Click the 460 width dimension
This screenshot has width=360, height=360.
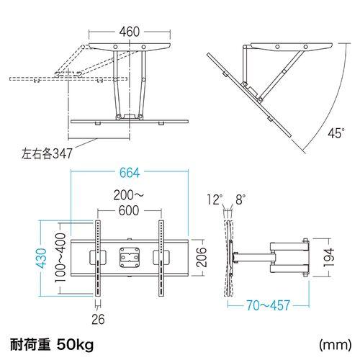[x=130, y=32]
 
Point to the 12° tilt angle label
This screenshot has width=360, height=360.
[x=211, y=199]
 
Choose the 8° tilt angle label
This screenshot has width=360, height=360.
[x=240, y=199]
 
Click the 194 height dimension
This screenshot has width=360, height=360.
[x=330, y=256]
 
